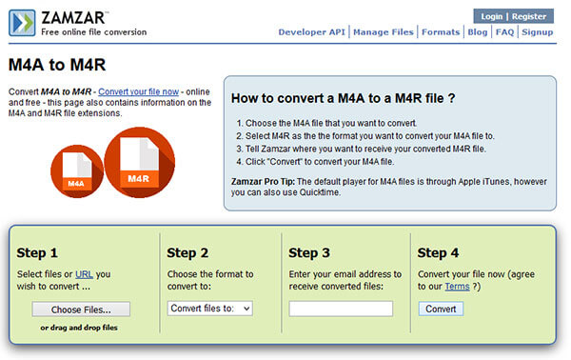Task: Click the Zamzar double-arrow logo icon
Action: tap(22, 23)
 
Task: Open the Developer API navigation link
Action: tap(312, 32)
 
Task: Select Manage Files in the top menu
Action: tap(384, 32)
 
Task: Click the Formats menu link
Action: tap(441, 32)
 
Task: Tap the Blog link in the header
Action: tap(478, 32)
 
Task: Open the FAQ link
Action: tap(504, 32)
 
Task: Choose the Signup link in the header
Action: tap(538, 32)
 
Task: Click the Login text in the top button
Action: tap(492, 16)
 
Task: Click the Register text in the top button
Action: tap(529, 16)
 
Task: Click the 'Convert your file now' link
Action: tap(138, 91)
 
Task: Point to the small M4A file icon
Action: tap(77, 171)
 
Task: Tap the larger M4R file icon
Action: tap(140, 163)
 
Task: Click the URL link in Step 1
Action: tap(84, 274)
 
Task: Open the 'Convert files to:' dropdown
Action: tap(210, 309)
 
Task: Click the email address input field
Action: tap(341, 309)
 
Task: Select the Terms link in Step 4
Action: tap(457, 287)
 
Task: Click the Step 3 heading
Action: tap(309, 253)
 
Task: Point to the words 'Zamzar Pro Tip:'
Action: tap(263, 182)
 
